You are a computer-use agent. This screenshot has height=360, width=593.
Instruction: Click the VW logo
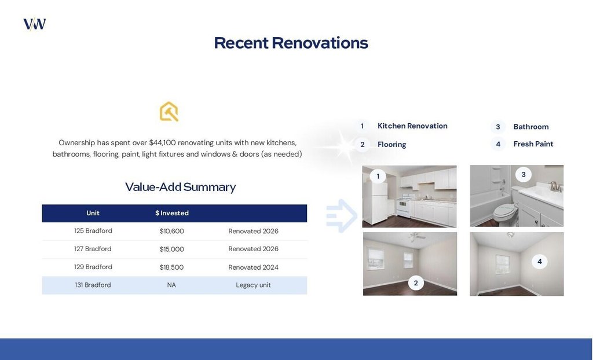coord(34,24)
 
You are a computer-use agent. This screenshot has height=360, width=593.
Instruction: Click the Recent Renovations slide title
coord(291,43)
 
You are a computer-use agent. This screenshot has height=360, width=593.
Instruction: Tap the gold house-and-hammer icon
coord(169,112)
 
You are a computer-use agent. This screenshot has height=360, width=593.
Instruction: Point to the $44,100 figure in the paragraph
coord(162,142)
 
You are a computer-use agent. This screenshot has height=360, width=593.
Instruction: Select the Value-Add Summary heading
coord(181,187)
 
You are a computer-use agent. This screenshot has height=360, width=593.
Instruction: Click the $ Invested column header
coord(171,213)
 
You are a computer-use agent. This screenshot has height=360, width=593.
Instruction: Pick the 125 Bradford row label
coord(93,231)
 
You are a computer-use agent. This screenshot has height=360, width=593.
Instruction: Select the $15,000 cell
coord(171,249)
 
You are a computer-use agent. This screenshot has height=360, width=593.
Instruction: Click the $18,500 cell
coord(171,267)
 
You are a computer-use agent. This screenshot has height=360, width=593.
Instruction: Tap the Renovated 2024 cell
coord(254,267)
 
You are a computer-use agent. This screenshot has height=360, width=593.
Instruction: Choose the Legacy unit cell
coord(254,285)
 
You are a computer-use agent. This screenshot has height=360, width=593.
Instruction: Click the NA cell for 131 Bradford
coord(171,285)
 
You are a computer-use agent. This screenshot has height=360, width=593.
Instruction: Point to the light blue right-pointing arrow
coord(342,216)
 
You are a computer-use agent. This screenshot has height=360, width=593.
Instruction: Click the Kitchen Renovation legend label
coord(412,126)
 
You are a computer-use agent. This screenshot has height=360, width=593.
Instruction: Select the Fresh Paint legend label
coord(533,144)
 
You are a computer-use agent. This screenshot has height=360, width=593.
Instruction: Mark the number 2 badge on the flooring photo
coord(416,283)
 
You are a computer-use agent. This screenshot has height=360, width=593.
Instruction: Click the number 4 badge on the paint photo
coord(539,261)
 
